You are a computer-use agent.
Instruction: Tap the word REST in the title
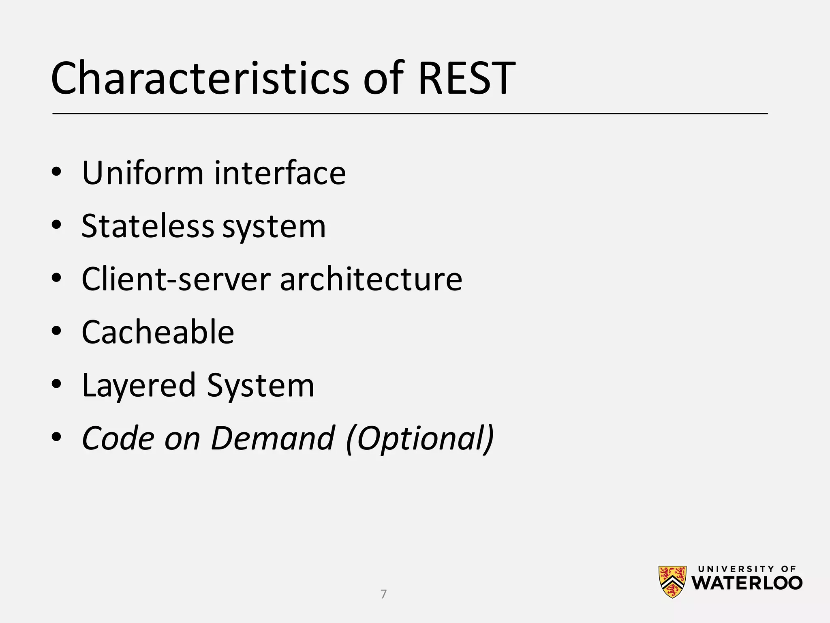pyautogui.click(x=466, y=78)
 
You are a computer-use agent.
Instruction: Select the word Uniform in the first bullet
pyautogui.click(x=142, y=173)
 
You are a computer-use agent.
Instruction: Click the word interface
pyautogui.click(x=280, y=173)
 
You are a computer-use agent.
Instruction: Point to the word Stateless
pyautogui.click(x=148, y=226)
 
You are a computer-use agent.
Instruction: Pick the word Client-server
pyautogui.click(x=176, y=279)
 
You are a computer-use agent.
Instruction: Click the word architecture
pyautogui.click(x=371, y=279)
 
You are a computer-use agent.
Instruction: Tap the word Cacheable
pyautogui.click(x=158, y=332)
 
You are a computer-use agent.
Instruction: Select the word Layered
pyautogui.click(x=139, y=386)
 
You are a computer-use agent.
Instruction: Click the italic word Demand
pyautogui.click(x=273, y=438)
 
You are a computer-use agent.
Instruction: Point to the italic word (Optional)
pyautogui.click(x=420, y=438)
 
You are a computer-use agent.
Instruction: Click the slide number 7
pyautogui.click(x=383, y=594)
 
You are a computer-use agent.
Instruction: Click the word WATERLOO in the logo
pyautogui.click(x=747, y=583)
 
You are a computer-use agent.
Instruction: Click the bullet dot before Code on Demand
pyautogui.click(x=56, y=437)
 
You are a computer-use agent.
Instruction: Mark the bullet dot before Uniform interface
pyautogui.click(x=56, y=172)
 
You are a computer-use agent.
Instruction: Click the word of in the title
pyautogui.click(x=383, y=78)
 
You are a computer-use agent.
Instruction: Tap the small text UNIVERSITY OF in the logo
pyautogui.click(x=747, y=569)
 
